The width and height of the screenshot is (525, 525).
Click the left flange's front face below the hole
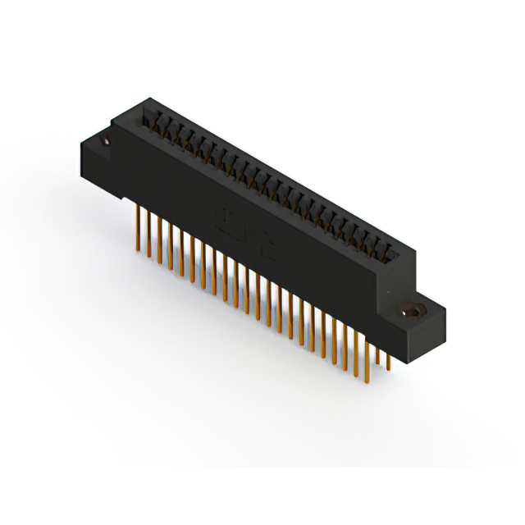pyautogui.click(x=97, y=168)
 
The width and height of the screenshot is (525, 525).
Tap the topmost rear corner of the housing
pyautogui.click(x=148, y=97)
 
